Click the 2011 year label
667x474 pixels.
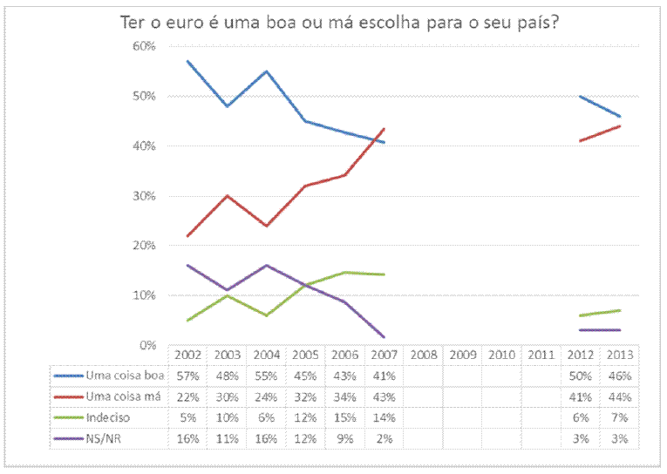coord(541,355)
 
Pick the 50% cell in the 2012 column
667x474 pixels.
coord(580,376)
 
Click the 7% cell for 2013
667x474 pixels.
coord(619,416)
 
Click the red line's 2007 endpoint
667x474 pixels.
coord(385,129)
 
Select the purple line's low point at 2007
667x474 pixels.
coord(384,336)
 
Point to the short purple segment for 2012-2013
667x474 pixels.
coord(600,330)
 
